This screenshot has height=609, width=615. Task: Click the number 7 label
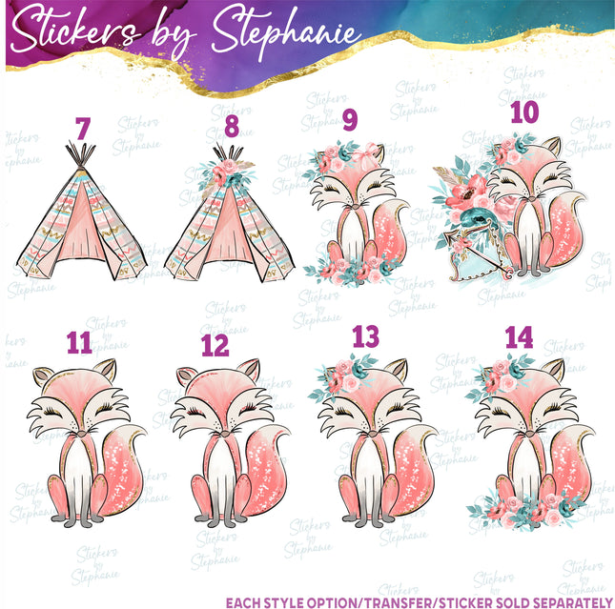(83, 129)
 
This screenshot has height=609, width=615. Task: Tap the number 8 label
(232, 126)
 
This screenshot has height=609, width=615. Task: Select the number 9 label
(350, 120)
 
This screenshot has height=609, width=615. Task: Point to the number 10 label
(524, 112)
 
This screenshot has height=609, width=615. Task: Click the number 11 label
(80, 343)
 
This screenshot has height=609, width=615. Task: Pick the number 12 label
(215, 345)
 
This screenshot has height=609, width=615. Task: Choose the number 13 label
(365, 336)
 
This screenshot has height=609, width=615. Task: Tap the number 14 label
(519, 337)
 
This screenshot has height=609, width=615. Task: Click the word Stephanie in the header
(285, 32)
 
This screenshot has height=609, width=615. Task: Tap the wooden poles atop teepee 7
(81, 154)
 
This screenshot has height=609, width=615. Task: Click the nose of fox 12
(225, 434)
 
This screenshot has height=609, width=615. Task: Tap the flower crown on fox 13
(343, 376)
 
